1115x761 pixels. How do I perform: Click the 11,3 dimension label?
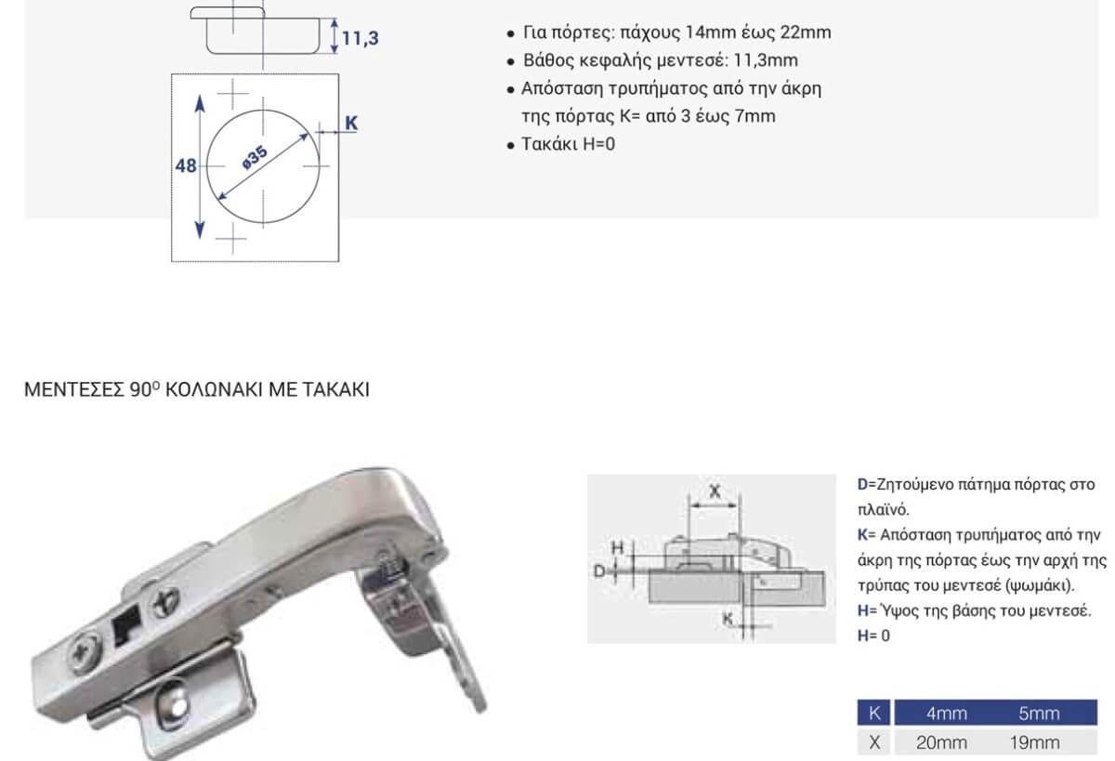coord(361,38)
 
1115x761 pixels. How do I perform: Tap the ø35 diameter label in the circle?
coord(255,157)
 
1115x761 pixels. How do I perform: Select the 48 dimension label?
coord(186,165)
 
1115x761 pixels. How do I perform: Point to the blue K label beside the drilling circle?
coord(351,123)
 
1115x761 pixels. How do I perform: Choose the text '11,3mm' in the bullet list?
coord(766,60)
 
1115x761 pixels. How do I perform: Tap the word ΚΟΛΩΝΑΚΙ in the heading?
coord(214,389)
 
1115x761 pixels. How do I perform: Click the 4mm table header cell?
coord(946,714)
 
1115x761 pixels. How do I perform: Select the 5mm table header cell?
coord(1039,714)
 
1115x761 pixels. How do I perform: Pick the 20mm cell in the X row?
coord(941,742)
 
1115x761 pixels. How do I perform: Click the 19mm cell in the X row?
coord(1034,742)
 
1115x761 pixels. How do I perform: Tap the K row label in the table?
coord(874,713)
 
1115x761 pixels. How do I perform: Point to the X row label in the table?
coord(874,742)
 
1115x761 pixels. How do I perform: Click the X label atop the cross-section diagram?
coord(715,492)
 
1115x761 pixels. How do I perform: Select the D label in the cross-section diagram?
coord(600,571)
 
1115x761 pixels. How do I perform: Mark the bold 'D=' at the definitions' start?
coord(866,484)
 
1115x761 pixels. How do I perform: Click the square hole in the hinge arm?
coord(127,626)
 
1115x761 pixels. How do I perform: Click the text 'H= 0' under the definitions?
coord(873,636)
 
